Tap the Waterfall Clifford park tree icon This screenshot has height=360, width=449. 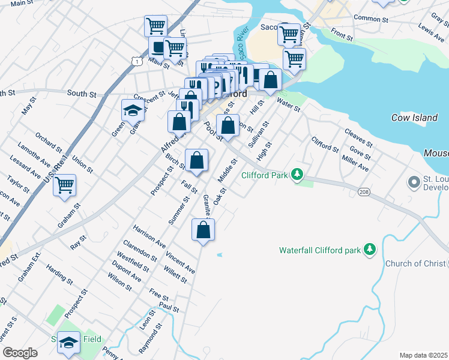pos(370,250)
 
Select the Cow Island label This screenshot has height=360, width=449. pos(414,118)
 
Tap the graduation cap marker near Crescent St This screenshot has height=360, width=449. pos(133,110)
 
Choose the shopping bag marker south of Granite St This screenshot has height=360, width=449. pos(203,230)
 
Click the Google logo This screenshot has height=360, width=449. pos(20,353)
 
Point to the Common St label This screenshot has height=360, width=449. pos(372,19)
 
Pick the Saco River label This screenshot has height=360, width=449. pos(241,43)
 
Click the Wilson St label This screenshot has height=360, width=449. pos(119,279)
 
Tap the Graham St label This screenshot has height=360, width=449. pos(74,217)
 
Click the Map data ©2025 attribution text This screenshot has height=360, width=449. pos(423,355)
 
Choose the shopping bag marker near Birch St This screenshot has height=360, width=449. pos(197,160)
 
